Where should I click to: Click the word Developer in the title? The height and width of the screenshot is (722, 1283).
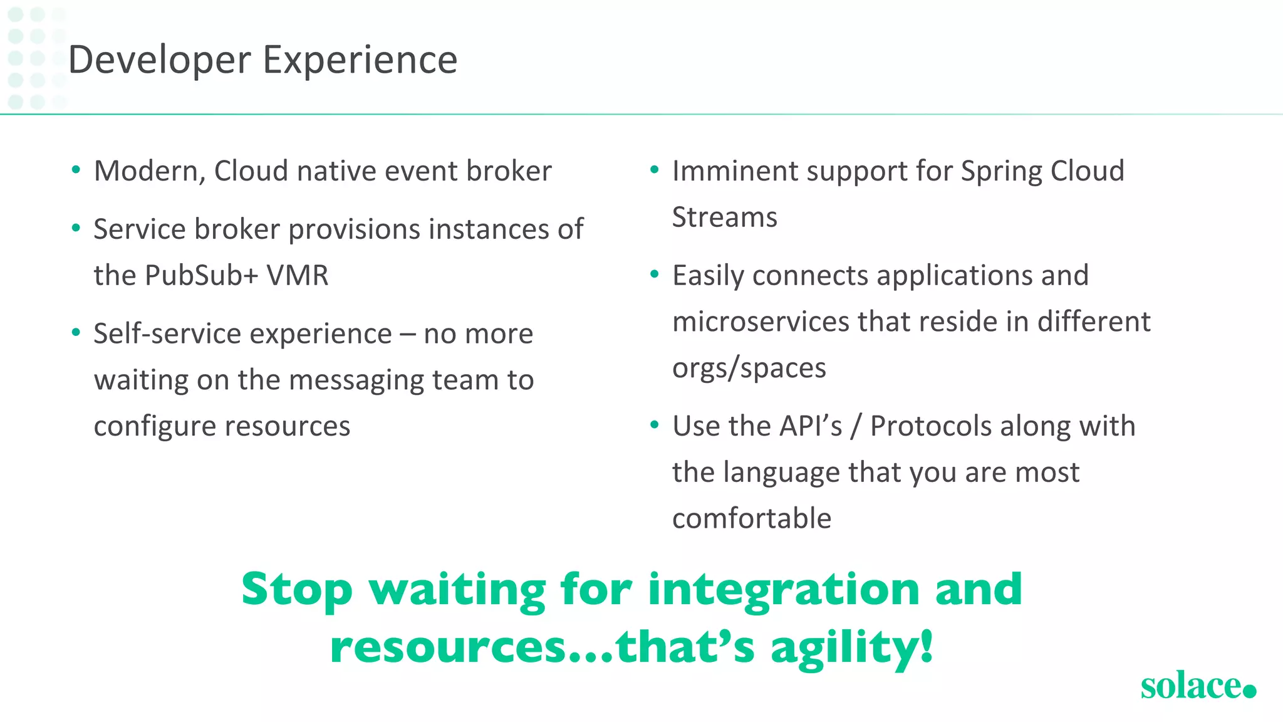[x=159, y=61]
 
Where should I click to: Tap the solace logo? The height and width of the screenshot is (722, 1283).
[x=1197, y=686]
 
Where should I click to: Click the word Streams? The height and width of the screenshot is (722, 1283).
[x=724, y=218]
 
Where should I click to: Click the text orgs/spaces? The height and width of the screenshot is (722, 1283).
[x=749, y=369]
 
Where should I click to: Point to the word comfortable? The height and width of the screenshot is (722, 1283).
[x=751, y=519]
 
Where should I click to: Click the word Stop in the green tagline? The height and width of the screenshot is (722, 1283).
[x=297, y=591]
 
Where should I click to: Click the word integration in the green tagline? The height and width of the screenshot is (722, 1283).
[x=783, y=591]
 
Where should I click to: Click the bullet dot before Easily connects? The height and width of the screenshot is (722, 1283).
[x=655, y=275]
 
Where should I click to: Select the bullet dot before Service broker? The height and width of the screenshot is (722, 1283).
[x=76, y=228]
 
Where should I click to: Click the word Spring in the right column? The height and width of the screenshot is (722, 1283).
[x=1000, y=172]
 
